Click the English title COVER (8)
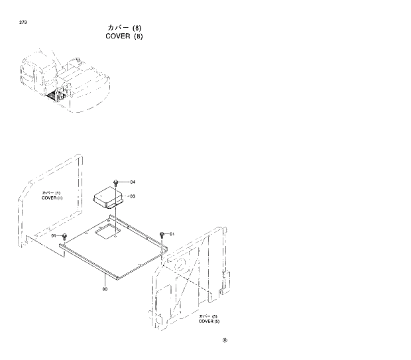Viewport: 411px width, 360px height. (x=124, y=36)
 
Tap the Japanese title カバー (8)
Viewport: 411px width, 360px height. (x=124, y=27)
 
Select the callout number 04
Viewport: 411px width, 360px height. (x=133, y=182)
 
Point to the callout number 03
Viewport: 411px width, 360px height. (x=133, y=196)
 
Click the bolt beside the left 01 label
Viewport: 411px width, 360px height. (x=64, y=237)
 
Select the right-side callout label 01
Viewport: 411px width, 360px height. (x=172, y=234)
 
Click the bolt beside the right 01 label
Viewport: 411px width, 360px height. (x=162, y=235)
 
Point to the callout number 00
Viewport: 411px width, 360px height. (x=105, y=288)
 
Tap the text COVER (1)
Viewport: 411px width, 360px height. (x=52, y=198)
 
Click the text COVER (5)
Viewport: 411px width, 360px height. (x=209, y=322)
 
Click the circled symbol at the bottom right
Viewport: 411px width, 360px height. (x=225, y=341)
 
